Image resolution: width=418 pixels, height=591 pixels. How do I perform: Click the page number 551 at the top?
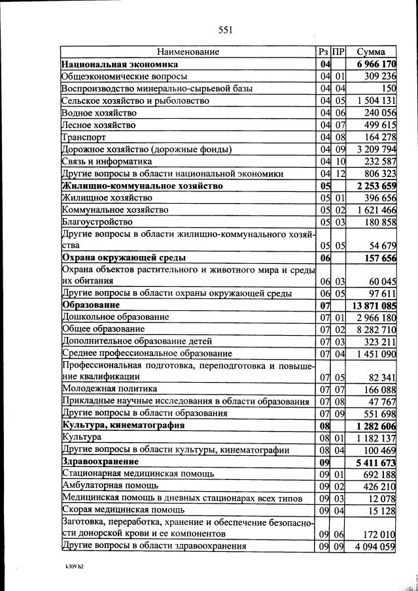tap(225, 29)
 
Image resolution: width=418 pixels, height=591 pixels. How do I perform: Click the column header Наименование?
tap(188, 52)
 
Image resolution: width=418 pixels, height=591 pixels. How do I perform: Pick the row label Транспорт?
tap(82, 138)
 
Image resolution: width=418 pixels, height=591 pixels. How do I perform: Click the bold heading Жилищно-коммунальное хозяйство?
tap(142, 186)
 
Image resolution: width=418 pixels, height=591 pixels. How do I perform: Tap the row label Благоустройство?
tap(94, 223)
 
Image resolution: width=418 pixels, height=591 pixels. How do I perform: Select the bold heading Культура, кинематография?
tap(123, 425)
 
